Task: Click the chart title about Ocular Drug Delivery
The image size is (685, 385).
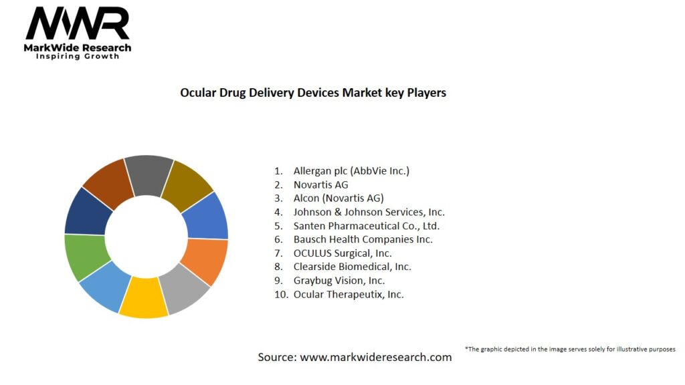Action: point(313,93)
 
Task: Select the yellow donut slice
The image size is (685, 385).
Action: point(144,297)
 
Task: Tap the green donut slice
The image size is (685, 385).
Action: point(85,257)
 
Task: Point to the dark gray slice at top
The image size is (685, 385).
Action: point(149,174)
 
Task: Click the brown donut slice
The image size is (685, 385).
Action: point(108,184)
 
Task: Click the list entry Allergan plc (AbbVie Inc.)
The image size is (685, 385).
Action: point(351,170)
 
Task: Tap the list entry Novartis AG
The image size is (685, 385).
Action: point(320,184)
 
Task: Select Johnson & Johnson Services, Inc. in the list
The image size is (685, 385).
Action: point(369,212)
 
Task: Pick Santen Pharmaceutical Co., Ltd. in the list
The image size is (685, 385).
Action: point(366,226)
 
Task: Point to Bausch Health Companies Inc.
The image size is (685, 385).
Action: point(363,239)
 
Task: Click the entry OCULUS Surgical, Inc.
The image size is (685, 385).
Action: point(342,253)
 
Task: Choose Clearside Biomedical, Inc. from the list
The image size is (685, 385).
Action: point(352,267)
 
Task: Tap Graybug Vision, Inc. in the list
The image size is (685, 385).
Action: point(339,281)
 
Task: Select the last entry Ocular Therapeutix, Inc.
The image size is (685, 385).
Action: point(349,294)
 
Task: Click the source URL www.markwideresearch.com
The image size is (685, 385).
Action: point(375,357)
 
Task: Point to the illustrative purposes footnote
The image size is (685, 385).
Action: point(570,349)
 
